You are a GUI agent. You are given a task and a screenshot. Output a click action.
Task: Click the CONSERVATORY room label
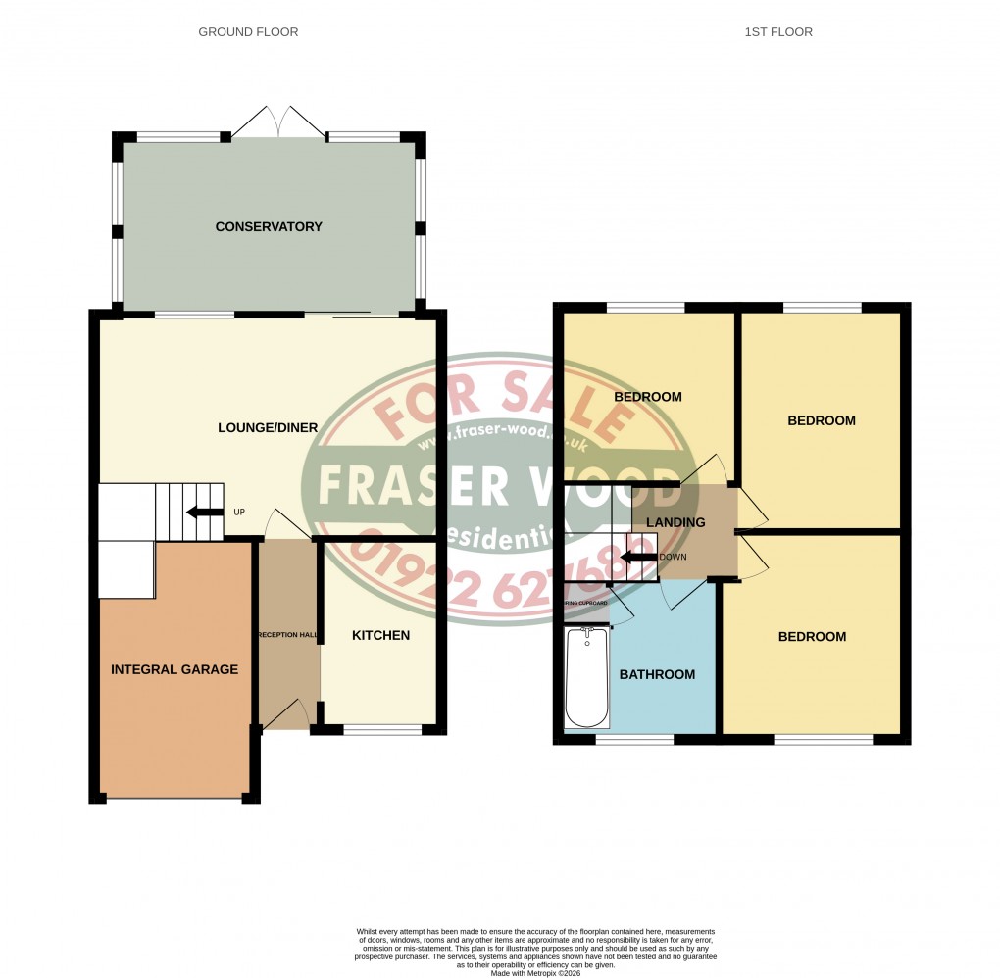pyautogui.click(x=269, y=227)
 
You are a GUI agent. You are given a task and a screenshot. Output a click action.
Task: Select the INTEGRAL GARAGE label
pyautogui.click(x=175, y=670)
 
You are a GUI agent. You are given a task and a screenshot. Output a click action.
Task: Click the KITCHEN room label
pyautogui.click(x=380, y=636)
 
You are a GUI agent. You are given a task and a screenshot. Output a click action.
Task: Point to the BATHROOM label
pyautogui.click(x=658, y=674)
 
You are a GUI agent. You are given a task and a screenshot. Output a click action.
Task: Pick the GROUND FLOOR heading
pyautogui.click(x=248, y=32)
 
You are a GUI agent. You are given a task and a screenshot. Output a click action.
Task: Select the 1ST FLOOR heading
pyautogui.click(x=778, y=32)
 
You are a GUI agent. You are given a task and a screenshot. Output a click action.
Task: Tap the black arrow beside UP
pyautogui.click(x=205, y=512)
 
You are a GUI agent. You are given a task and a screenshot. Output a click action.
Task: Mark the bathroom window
pyautogui.click(x=634, y=739)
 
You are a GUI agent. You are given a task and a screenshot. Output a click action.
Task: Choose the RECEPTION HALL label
pyautogui.click(x=287, y=636)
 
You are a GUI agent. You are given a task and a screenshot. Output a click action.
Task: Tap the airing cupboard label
pyautogui.click(x=586, y=603)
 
